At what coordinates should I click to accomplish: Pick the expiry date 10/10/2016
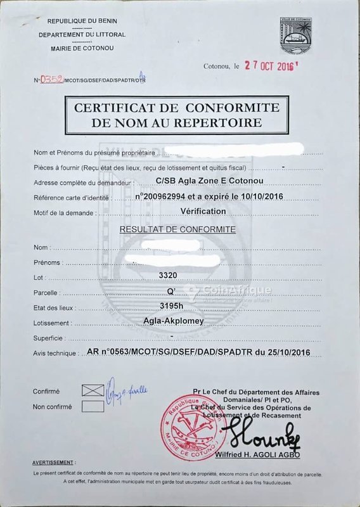(x=260, y=197)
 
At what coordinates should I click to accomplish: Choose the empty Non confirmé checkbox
(x=92, y=406)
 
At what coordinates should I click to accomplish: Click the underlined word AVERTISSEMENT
(x=53, y=463)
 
